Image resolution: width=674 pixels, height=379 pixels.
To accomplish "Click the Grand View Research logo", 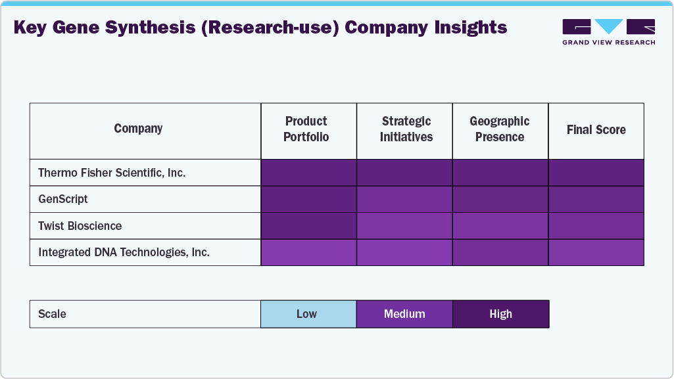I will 608,32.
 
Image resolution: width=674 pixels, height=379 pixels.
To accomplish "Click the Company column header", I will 138,129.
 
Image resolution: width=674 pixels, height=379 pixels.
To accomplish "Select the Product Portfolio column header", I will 306,129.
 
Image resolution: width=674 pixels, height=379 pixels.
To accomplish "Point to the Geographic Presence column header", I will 500,129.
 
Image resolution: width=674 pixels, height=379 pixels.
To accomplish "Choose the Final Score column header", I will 596,130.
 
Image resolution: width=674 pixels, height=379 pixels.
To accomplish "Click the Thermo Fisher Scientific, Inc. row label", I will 112,173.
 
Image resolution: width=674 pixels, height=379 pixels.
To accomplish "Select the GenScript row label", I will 63,199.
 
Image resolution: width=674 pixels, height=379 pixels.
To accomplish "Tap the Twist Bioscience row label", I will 80,226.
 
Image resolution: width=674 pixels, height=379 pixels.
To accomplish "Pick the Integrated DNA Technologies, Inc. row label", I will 124,252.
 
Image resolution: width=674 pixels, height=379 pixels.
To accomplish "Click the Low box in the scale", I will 308,314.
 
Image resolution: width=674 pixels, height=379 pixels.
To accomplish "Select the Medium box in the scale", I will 404,314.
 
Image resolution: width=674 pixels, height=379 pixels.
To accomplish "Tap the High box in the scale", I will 500,314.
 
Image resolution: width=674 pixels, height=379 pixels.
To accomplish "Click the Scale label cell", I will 53,314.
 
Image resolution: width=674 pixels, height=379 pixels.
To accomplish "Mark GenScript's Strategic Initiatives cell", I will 404,199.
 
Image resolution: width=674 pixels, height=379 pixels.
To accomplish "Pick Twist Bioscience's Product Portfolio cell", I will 308,226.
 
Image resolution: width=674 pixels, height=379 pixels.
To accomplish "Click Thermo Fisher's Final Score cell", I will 596,173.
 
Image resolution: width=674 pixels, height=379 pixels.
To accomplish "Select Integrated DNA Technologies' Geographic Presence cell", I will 500,252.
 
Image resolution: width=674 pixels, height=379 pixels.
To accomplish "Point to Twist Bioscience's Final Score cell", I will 596,226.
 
